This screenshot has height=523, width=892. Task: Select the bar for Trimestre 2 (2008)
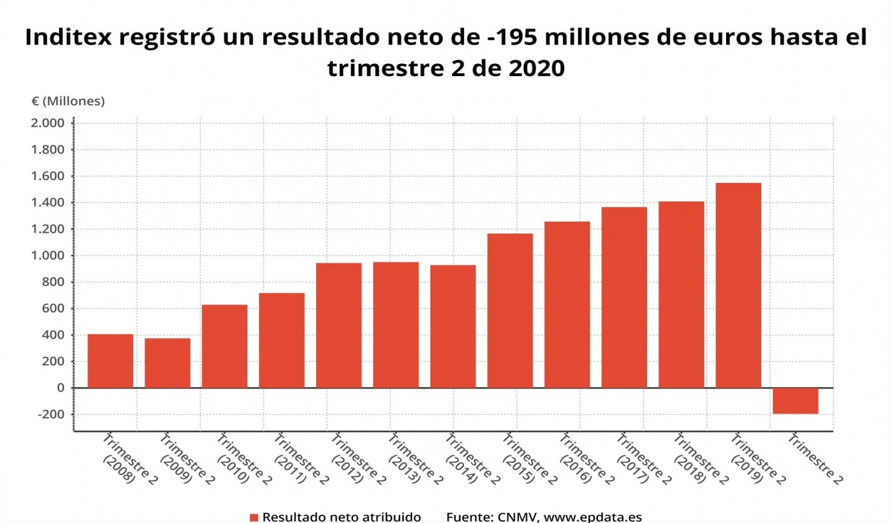pos(110,361)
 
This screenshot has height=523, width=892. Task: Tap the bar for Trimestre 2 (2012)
pos(339,325)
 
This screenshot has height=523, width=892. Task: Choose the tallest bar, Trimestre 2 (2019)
pos(738,285)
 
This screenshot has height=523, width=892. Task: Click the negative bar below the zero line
pos(795,401)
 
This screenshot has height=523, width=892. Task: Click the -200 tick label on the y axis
pos(50,414)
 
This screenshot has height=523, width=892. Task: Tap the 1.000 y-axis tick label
pos(48,255)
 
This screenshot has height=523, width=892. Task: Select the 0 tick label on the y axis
pos(61,388)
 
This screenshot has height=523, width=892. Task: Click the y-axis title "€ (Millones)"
pos(68,101)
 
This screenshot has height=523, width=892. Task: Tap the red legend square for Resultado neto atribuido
pos(254,517)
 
